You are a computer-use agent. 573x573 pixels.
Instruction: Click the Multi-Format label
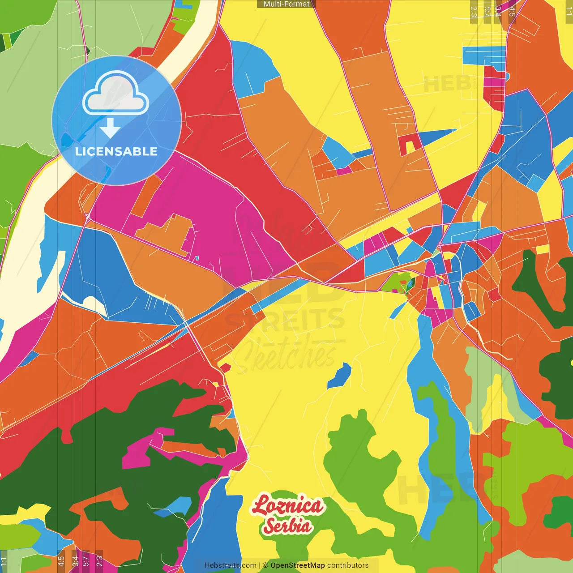286,4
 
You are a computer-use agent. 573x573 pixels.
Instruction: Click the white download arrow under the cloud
110,128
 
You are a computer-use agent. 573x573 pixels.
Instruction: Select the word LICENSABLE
116,151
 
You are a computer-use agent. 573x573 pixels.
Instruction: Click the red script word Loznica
287,506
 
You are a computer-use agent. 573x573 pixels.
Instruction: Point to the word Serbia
287,526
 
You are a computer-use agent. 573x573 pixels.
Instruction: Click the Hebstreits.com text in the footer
230,565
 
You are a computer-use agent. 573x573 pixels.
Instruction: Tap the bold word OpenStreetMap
297,565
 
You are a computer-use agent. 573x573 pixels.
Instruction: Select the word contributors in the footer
348,565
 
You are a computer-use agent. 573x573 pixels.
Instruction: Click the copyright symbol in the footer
265,565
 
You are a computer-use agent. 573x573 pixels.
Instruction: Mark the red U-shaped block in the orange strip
410,144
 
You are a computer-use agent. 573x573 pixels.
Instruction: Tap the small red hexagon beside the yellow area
225,368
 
